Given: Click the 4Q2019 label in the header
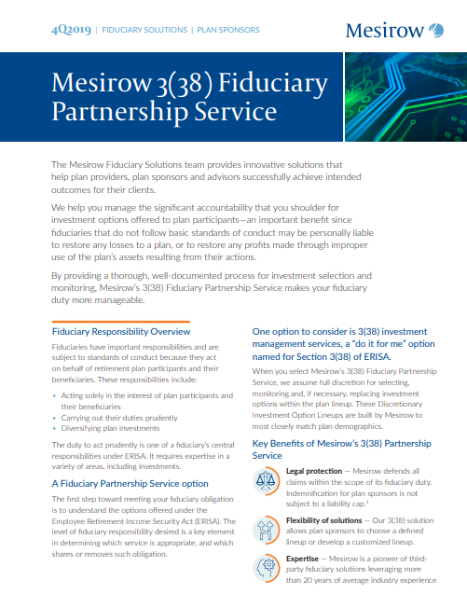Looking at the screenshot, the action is (71, 30).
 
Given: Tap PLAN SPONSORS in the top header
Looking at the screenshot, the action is (228, 30).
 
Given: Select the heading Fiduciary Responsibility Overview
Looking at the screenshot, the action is (121, 331).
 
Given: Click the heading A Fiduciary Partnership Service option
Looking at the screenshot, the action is (129, 484).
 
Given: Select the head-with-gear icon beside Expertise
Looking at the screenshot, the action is (268, 567).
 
